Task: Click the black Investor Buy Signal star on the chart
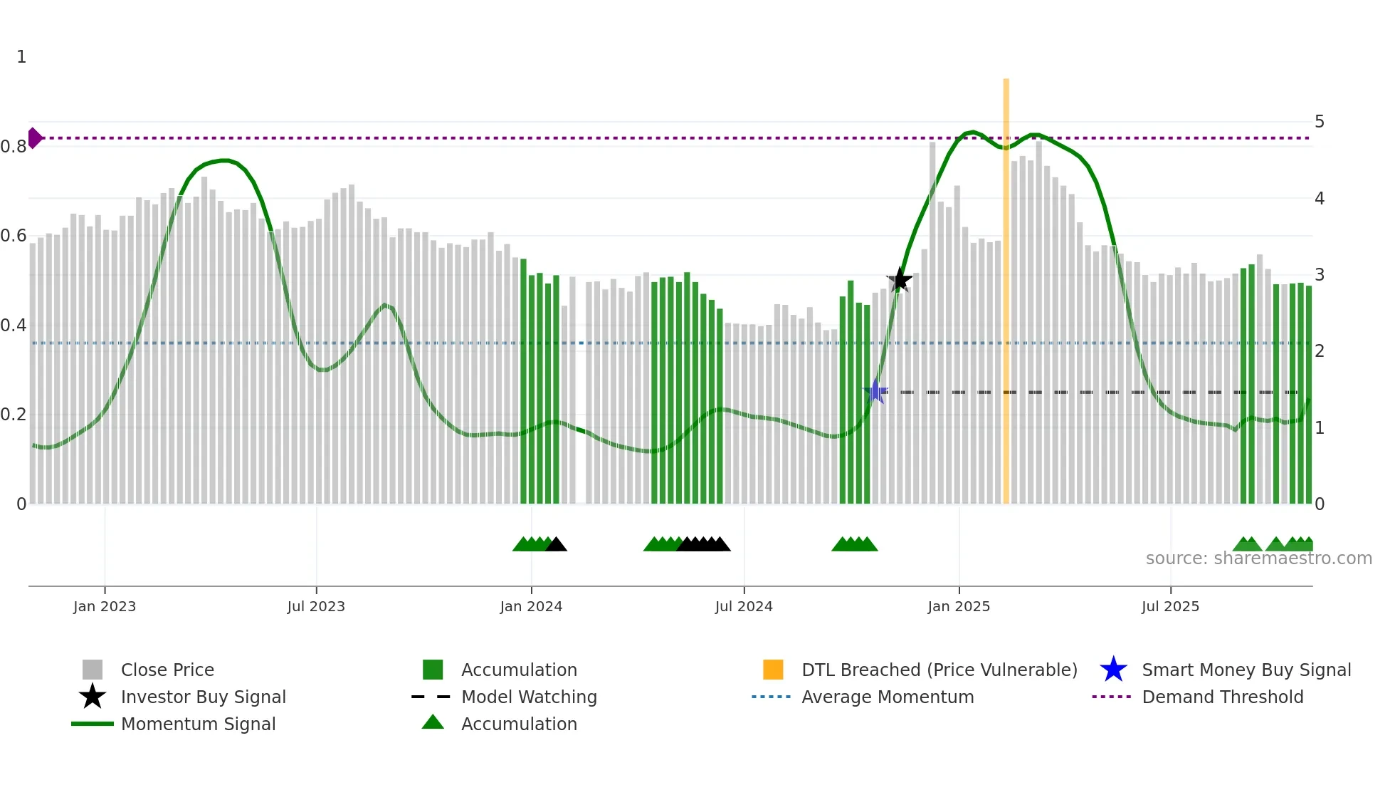coord(900,280)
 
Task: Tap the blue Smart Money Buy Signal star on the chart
coord(876,391)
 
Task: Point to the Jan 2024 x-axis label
coord(531,606)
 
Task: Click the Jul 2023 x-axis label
coord(316,606)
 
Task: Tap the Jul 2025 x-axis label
coord(1170,606)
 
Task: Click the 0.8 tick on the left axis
coord(14,147)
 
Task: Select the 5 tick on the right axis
coord(1319,122)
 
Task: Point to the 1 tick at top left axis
coord(21,57)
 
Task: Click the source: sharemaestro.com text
coord(1258,558)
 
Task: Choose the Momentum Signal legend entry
coord(198,724)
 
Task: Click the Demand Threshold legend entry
coord(1222,697)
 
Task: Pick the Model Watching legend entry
coord(528,697)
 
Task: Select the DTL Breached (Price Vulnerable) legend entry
coord(939,670)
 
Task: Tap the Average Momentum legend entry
coord(887,697)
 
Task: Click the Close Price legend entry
coord(167,670)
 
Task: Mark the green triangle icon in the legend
coord(433,723)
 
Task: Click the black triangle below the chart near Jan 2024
coord(556,545)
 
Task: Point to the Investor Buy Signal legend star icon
coord(93,697)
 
